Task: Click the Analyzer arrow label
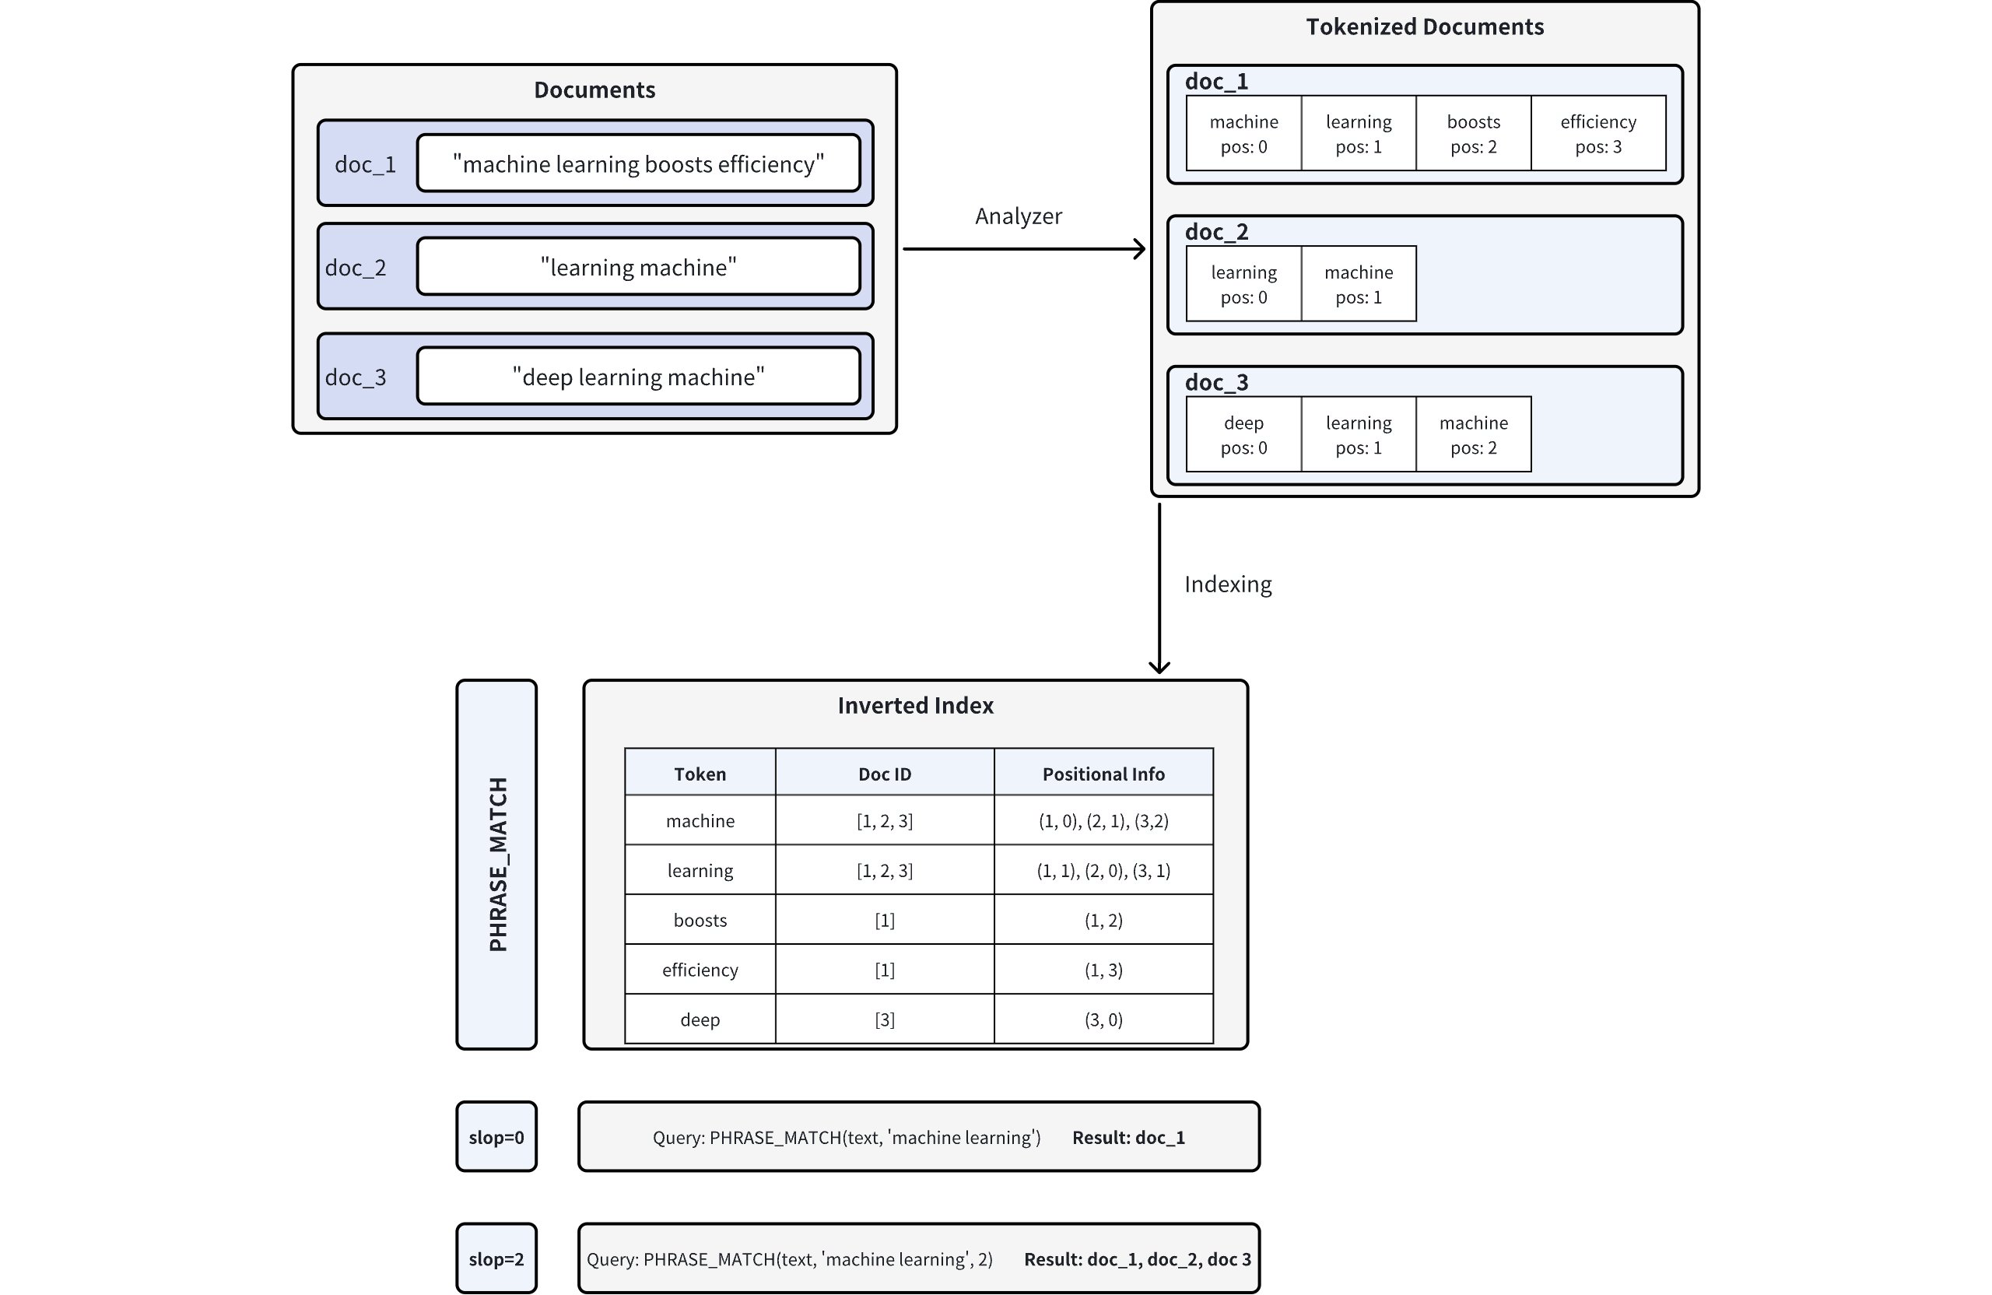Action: click(1018, 216)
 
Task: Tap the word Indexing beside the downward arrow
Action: click(1227, 584)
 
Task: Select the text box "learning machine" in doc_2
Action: click(638, 267)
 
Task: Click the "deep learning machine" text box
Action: click(638, 377)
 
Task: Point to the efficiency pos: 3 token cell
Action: click(1597, 134)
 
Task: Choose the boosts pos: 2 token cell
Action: click(1473, 134)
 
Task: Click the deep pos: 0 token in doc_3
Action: click(1243, 434)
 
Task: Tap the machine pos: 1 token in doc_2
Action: click(1359, 284)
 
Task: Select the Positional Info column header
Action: click(1103, 774)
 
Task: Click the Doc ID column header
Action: click(884, 774)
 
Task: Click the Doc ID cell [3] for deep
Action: click(884, 1019)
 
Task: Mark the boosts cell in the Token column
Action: click(700, 920)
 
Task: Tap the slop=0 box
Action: click(496, 1137)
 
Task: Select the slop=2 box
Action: click(496, 1258)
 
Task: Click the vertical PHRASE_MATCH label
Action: click(497, 864)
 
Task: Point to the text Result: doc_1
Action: click(1128, 1137)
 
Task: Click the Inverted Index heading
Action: click(915, 705)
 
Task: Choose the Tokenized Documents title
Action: click(1424, 26)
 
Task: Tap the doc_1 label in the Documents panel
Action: click(365, 164)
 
